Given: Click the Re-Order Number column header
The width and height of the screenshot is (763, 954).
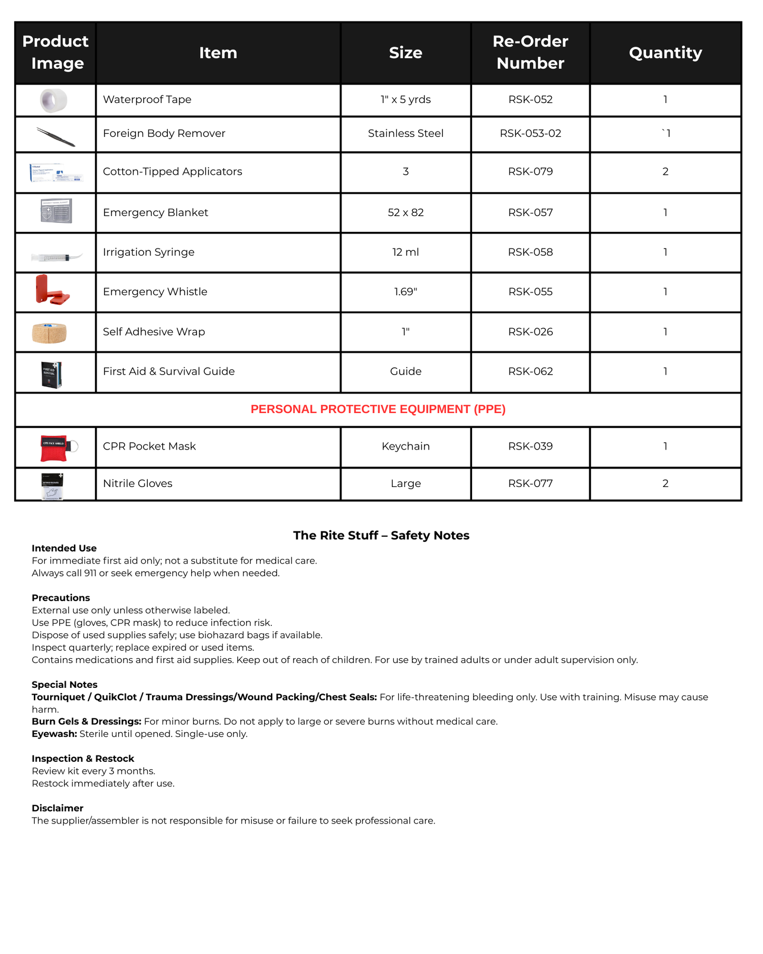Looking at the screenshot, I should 530,52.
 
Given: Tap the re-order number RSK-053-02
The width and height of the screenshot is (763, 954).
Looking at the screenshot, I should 530,134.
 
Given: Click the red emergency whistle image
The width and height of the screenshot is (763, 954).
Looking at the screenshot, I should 52,291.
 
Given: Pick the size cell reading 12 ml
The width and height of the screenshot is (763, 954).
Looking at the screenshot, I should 406,252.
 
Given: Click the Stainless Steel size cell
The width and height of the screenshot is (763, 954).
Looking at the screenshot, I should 406,134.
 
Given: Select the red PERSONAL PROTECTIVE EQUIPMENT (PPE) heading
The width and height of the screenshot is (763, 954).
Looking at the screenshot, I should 378,409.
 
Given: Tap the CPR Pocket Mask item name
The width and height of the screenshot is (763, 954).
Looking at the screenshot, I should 149,446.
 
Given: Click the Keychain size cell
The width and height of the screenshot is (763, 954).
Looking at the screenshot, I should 406,446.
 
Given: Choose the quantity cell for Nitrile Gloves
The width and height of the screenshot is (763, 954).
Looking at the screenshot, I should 665,483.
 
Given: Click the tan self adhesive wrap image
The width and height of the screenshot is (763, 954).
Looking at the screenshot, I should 49,333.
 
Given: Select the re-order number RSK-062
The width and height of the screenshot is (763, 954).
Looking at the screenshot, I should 530,371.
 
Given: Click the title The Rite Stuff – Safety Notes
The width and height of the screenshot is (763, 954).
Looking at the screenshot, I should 381,536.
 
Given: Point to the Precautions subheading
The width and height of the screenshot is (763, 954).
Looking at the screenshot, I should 61,598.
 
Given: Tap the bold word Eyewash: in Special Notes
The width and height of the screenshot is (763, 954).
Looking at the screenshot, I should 54,734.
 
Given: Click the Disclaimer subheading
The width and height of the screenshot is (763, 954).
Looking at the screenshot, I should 58,808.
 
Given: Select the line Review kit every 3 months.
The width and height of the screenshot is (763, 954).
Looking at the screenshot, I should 93,771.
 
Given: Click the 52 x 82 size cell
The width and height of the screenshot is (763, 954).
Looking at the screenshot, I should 406,213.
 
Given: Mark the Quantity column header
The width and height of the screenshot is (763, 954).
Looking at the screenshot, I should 665,52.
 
